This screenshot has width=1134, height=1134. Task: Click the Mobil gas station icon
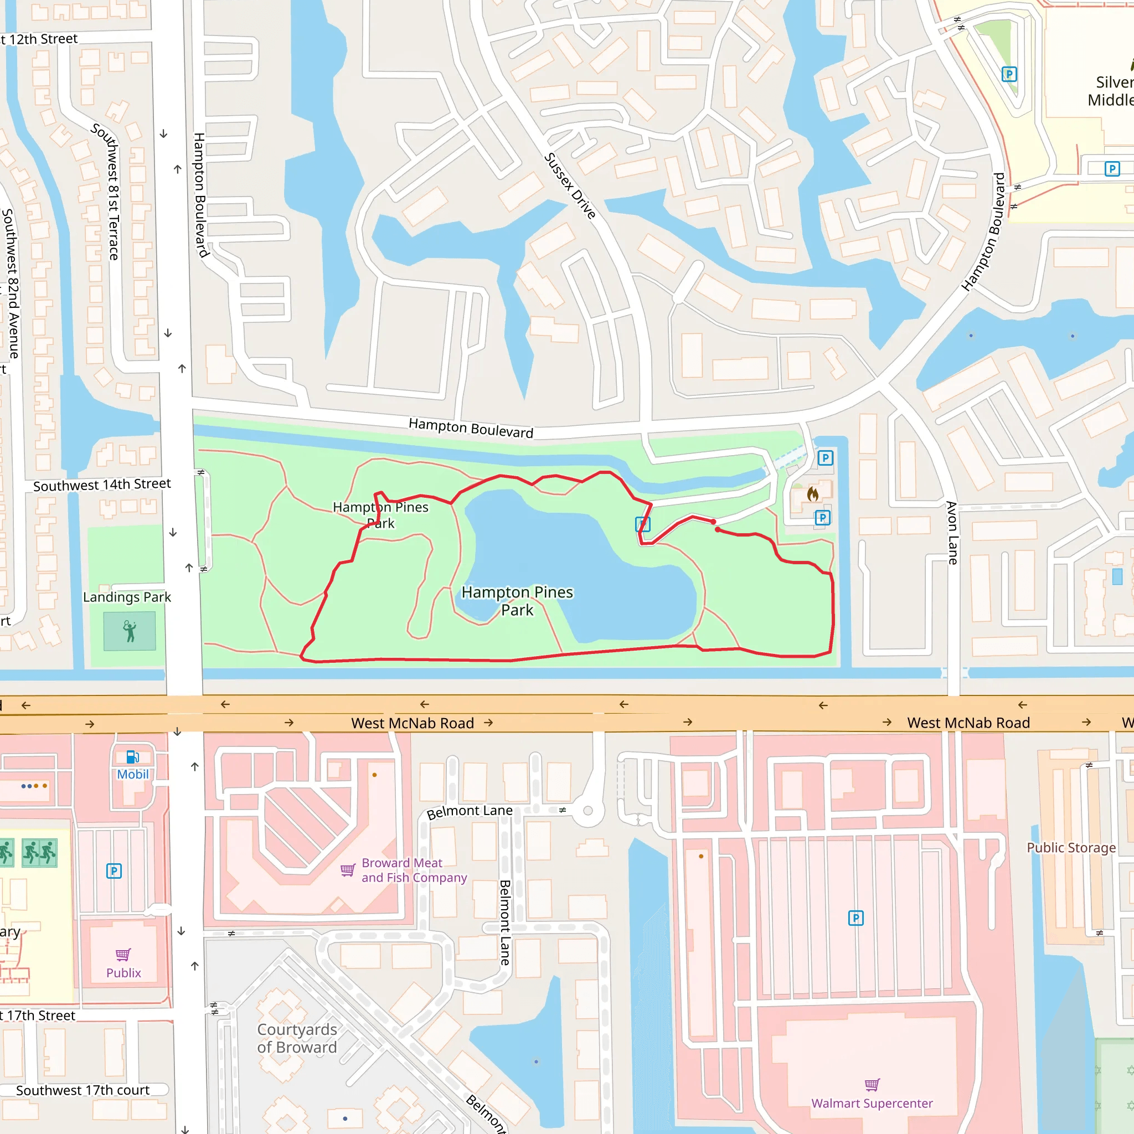[133, 756]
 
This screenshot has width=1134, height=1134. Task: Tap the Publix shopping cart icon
[123, 955]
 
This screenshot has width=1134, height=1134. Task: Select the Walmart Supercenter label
[872, 1103]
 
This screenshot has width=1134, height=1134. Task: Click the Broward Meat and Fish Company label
[414, 870]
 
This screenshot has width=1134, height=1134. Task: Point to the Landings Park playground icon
[130, 631]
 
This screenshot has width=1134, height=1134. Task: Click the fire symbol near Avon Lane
[812, 493]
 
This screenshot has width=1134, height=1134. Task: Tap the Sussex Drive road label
[570, 185]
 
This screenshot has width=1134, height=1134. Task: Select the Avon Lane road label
[952, 533]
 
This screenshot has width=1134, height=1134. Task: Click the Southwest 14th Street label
[101, 485]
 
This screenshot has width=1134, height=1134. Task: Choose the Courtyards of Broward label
[297, 1038]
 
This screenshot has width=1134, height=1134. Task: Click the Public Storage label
[1071, 848]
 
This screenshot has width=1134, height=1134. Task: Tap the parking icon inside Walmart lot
[856, 917]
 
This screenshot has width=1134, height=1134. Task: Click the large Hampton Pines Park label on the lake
[517, 600]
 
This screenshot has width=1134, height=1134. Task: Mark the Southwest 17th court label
[83, 1090]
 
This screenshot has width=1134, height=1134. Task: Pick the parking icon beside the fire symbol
[822, 518]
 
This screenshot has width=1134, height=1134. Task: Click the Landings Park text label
[127, 597]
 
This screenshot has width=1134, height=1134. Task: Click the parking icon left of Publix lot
[114, 870]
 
